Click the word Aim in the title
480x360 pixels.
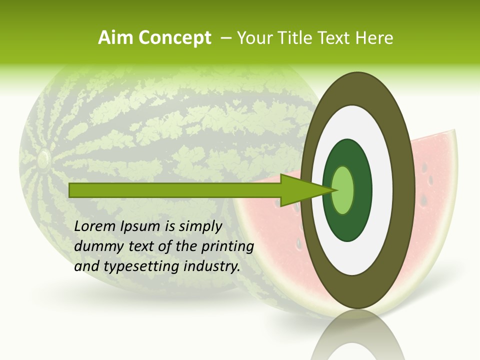115,38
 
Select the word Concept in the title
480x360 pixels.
175,38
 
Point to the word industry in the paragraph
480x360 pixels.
212,266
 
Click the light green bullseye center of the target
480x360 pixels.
343,190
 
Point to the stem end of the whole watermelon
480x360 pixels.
43,159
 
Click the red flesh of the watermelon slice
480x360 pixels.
430,200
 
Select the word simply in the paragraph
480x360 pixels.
200,226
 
